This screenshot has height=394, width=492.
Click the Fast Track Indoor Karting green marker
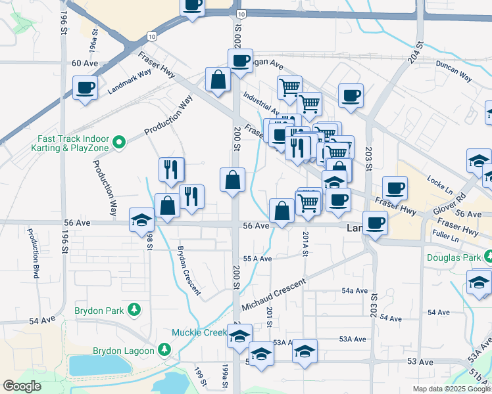119,141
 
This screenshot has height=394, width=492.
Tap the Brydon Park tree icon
134,309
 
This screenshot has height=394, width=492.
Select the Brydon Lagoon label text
124,351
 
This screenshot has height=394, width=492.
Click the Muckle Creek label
199,332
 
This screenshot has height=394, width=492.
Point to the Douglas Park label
453,257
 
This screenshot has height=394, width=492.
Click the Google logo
22,386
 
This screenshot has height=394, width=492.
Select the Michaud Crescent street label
274,295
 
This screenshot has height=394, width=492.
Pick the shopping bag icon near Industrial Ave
218,79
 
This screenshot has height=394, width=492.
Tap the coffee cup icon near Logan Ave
240,60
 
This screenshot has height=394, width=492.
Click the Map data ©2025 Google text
451,389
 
